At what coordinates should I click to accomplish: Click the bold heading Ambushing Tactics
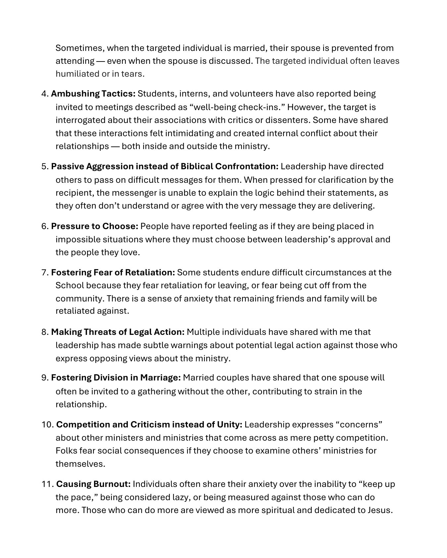pyautogui.click(x=93, y=94)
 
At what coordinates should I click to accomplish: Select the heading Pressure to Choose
pyautogui.click(x=94, y=226)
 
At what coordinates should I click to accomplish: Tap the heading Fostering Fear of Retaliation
pyautogui.click(x=113, y=273)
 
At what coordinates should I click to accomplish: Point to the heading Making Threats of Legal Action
pyautogui.click(x=118, y=332)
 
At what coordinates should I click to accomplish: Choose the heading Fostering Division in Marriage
pyautogui.click(x=116, y=378)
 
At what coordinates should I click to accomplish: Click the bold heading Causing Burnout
pyautogui.click(x=94, y=484)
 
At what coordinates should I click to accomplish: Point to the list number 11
pyautogui.click(x=47, y=484)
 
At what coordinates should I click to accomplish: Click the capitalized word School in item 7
pyautogui.click(x=70, y=285)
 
